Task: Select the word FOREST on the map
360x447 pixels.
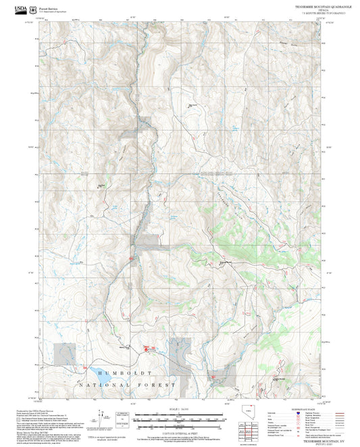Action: click(x=159, y=384)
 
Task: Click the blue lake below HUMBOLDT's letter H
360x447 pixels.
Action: click(x=91, y=372)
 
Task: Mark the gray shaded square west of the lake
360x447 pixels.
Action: click(x=65, y=352)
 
